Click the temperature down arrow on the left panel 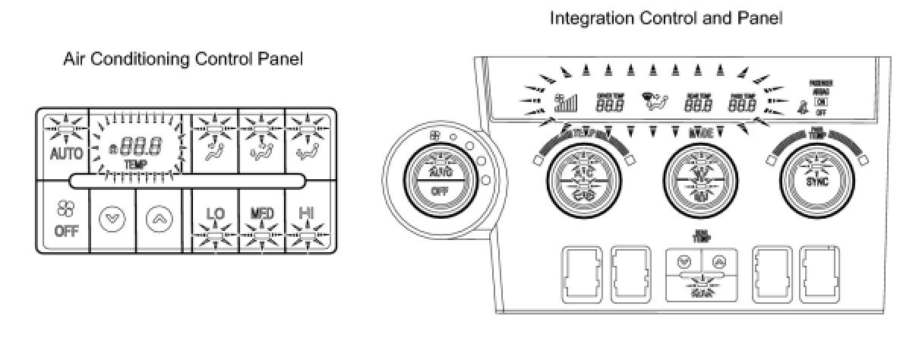[111, 217]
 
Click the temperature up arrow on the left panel [159, 217]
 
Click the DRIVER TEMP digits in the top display [610, 105]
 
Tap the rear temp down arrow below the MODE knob [684, 261]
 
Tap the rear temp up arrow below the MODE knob [718, 261]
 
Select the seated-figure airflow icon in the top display [654, 101]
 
